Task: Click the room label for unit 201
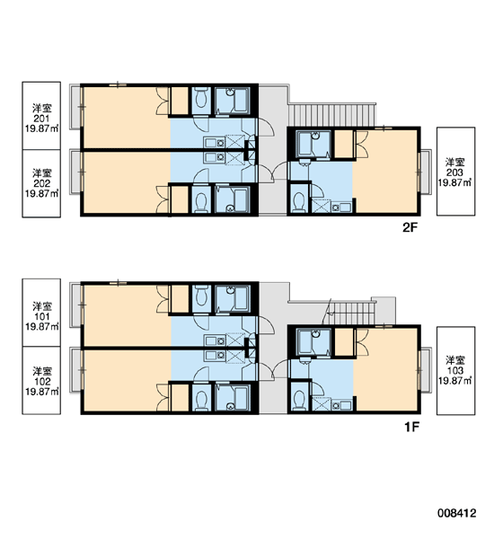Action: tap(41, 116)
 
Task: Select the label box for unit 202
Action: tap(41, 183)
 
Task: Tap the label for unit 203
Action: tap(456, 172)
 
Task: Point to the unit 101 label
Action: tap(41, 313)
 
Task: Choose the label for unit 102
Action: tap(41, 380)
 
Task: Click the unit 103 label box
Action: tap(456, 370)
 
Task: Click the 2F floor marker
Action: tap(410, 227)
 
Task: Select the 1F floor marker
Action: tap(411, 427)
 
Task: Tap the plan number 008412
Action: tap(457, 513)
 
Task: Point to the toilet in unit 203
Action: tap(299, 202)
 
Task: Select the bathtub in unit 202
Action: tap(232, 199)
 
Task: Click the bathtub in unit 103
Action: tap(313, 341)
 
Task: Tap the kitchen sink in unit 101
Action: tap(215, 341)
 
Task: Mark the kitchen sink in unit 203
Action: tap(341, 208)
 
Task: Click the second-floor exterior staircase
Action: tap(331, 114)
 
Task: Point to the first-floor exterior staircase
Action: tap(348, 313)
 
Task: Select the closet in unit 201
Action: tap(180, 101)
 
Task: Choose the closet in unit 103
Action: tap(344, 343)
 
